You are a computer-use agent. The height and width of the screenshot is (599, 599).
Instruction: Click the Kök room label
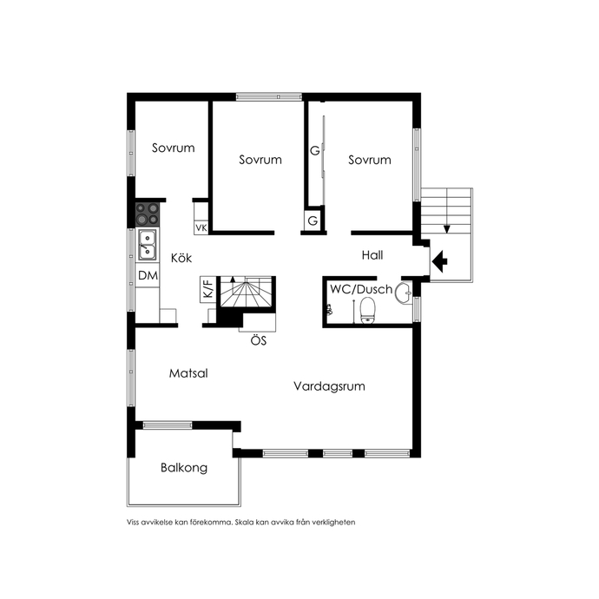[181, 258]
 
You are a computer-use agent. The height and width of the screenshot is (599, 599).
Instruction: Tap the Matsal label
[188, 372]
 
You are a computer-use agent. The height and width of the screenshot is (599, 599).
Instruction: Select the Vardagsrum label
[329, 386]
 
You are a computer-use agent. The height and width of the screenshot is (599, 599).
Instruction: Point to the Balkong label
[184, 468]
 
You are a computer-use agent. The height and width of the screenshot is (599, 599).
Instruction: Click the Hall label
[372, 255]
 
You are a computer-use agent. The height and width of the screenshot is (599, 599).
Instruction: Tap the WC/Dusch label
[361, 289]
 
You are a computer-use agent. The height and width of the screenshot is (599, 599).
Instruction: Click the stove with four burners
[148, 214]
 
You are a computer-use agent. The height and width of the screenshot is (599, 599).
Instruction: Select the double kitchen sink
[147, 245]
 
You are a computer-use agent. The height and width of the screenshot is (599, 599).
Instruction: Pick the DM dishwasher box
[148, 275]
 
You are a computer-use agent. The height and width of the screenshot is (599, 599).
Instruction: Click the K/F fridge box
[208, 289]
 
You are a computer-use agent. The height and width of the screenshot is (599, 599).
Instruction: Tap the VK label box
[201, 227]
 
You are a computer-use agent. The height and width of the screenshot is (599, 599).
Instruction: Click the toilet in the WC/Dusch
[367, 310]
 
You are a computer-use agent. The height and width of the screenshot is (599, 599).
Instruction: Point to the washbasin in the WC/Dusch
[404, 293]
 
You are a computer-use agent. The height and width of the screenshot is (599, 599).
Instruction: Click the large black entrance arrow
[439, 261]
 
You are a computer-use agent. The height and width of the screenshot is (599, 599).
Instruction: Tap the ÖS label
[259, 340]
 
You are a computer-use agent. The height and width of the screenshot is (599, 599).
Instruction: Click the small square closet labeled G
[313, 220]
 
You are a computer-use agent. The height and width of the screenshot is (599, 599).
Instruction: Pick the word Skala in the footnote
[245, 522]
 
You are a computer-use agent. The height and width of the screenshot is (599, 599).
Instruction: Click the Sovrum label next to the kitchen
[173, 148]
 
